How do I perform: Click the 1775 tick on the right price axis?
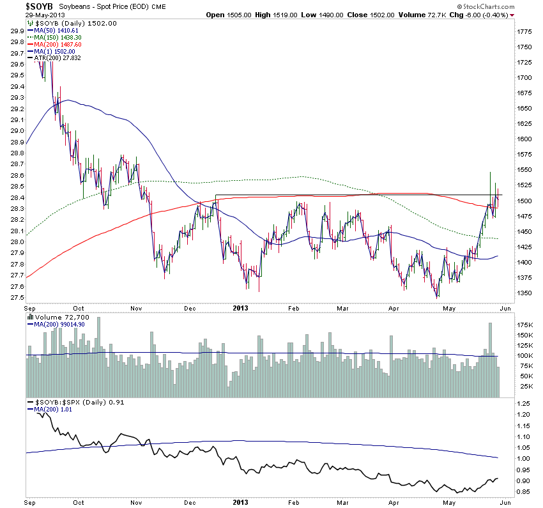(525, 31)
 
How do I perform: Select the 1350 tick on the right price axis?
(525, 293)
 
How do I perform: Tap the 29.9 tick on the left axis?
(17, 31)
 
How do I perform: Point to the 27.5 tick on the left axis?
(17, 298)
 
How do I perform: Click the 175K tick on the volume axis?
(525, 324)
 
